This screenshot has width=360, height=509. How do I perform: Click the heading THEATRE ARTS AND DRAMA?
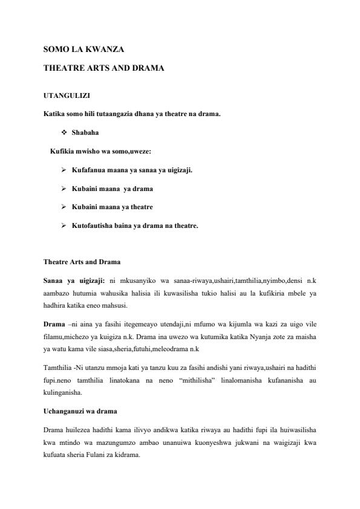[x=104, y=69]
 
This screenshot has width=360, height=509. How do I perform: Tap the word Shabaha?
[x=85, y=132]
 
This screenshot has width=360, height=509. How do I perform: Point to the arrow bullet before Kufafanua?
[x=64, y=170]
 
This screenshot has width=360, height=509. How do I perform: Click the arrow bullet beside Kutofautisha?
[x=64, y=226]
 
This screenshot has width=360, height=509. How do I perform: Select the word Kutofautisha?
[x=93, y=226]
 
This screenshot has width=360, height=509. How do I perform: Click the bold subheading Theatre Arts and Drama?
[x=82, y=262]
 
